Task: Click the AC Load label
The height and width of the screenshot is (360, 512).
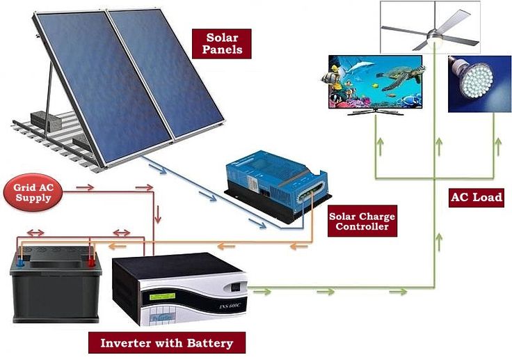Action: pyautogui.click(x=477, y=197)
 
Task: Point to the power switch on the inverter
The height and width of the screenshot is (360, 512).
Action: pyautogui.click(x=236, y=286)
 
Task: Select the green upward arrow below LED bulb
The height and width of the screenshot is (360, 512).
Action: pyautogui.click(x=497, y=146)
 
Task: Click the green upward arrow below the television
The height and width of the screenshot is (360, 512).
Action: pyautogui.click(x=380, y=146)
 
